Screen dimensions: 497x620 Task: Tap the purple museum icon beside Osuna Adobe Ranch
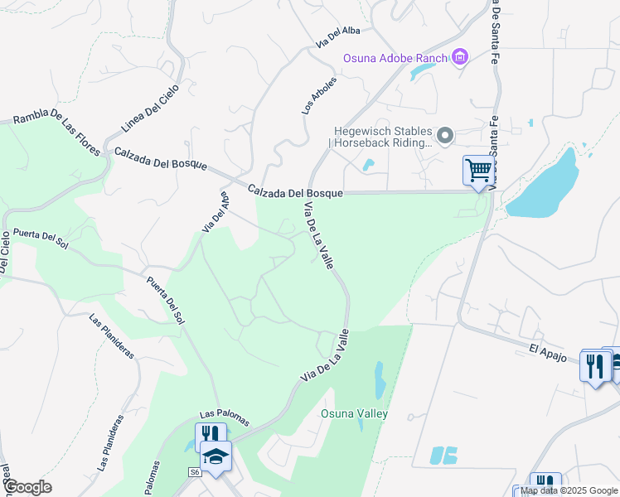coord(459,57)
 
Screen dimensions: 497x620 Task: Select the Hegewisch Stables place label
coord(383,136)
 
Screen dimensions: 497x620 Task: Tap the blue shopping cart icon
coord(478,171)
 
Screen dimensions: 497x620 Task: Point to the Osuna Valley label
coord(355,413)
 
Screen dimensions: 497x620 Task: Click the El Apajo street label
coord(547,350)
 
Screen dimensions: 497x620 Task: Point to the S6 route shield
coord(195,471)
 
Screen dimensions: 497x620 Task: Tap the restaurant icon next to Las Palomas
coord(210,435)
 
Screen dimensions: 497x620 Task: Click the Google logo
coord(27,487)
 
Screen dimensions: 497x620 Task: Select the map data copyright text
coord(569,490)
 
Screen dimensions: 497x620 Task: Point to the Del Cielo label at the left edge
coord(4,253)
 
